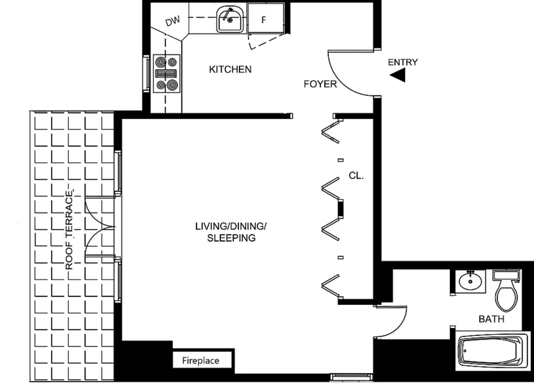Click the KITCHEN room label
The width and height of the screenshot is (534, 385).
pyautogui.click(x=230, y=69)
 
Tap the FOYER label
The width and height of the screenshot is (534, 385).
pyautogui.click(x=320, y=84)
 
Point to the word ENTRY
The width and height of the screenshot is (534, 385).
pyautogui.click(x=403, y=62)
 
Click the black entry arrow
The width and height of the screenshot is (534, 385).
pyautogui.click(x=398, y=75)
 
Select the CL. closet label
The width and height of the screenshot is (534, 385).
pyautogui.click(x=356, y=176)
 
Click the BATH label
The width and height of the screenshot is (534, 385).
pyautogui.click(x=491, y=319)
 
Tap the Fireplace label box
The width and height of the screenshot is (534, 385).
pyautogui.click(x=201, y=360)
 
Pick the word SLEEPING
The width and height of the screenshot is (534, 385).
pyautogui.click(x=231, y=238)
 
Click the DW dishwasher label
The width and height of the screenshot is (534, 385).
pyautogui.click(x=172, y=21)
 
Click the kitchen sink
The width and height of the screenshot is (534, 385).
pyautogui.click(x=230, y=20)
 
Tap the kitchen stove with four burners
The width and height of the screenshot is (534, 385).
pyautogui.click(x=166, y=73)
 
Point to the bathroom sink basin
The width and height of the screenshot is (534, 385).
pyautogui.click(x=470, y=281)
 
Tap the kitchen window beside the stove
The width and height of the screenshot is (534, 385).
pyautogui.click(x=147, y=73)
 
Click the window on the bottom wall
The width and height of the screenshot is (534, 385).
pyautogui.click(x=351, y=377)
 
